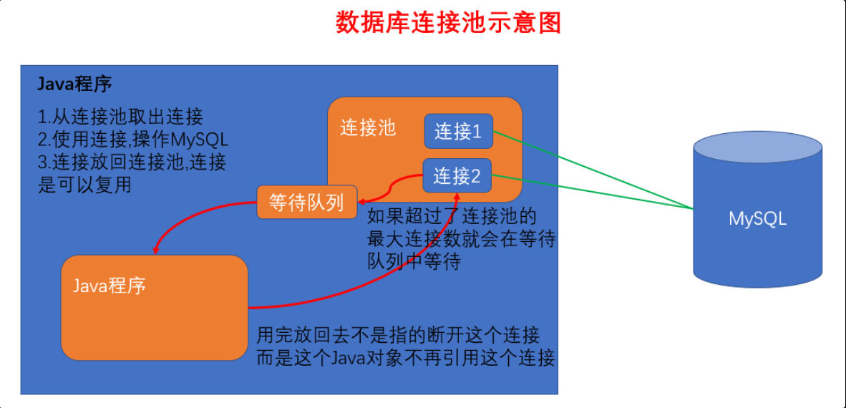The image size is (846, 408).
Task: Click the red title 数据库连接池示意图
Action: pyautogui.click(x=448, y=23)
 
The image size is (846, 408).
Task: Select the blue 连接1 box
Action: pyautogui.click(x=458, y=132)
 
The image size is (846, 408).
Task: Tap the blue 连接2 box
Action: pyautogui.click(x=458, y=175)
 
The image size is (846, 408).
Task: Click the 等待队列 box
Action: pyautogui.click(x=306, y=203)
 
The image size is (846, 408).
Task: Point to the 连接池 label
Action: pyautogui.click(x=367, y=128)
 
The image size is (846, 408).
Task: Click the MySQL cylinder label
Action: pyautogui.click(x=757, y=219)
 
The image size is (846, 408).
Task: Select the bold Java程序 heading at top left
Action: pyautogui.click(x=74, y=84)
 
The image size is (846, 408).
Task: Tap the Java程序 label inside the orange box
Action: pyautogui.click(x=110, y=286)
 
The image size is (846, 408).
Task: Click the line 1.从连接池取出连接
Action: pyautogui.click(x=121, y=117)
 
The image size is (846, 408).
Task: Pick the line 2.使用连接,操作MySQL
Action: pyautogui.click(x=133, y=140)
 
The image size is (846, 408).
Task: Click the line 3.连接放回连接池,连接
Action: pyautogui.click(x=132, y=162)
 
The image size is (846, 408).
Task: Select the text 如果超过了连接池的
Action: pyautogui.click(x=452, y=216)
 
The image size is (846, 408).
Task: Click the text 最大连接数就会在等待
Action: pyautogui.click(x=461, y=239)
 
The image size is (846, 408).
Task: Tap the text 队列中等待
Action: pyautogui.click(x=414, y=262)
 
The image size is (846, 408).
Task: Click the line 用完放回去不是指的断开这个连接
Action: pyautogui.click(x=399, y=334)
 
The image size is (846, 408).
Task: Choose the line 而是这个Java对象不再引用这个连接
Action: pyautogui.click(x=406, y=357)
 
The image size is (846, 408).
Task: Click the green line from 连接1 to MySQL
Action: pyautogui.click(x=594, y=170)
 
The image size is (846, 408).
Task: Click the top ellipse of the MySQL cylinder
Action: pyautogui.click(x=757, y=148)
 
